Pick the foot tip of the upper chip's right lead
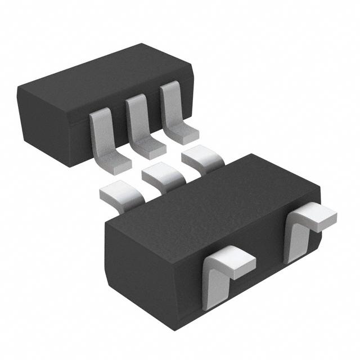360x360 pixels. tap(185, 133)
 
